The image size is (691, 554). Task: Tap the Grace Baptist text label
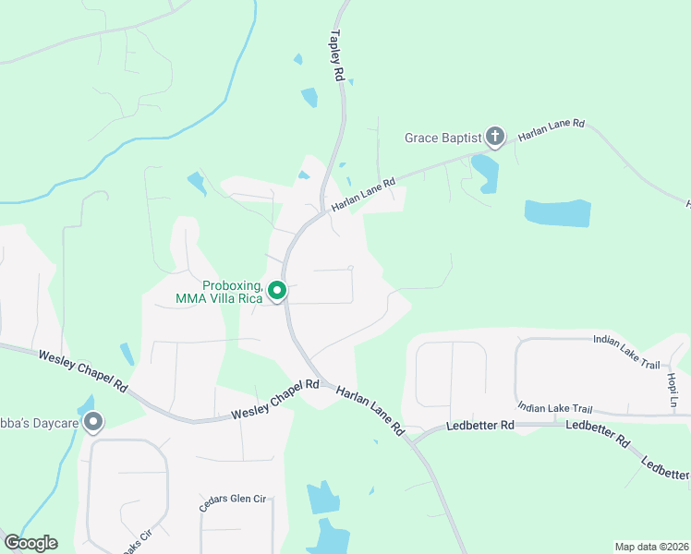click(x=443, y=138)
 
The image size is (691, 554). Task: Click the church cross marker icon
click(x=495, y=138)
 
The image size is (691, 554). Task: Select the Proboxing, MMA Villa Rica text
click(x=219, y=292)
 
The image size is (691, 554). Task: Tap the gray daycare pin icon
click(x=93, y=423)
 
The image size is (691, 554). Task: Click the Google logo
click(x=30, y=542)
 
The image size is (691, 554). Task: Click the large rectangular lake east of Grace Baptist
click(x=557, y=213)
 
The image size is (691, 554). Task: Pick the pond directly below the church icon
click(x=485, y=173)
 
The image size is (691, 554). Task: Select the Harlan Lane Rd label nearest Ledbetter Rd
click(x=370, y=411)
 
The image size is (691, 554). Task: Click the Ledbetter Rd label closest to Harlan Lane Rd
click(x=481, y=426)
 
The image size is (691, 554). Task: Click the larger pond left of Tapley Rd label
click(x=309, y=97)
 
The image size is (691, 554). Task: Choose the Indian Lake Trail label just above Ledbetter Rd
click(x=554, y=407)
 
